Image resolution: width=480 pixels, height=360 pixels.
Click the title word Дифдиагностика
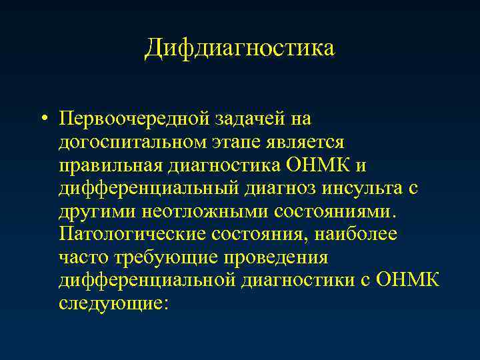[239, 48]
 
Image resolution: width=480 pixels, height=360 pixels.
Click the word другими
[97, 211]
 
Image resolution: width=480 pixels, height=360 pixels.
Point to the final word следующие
[114, 303]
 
